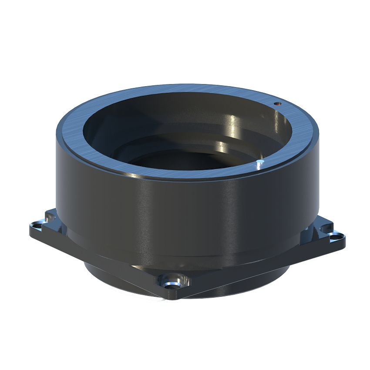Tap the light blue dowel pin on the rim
[260, 162]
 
